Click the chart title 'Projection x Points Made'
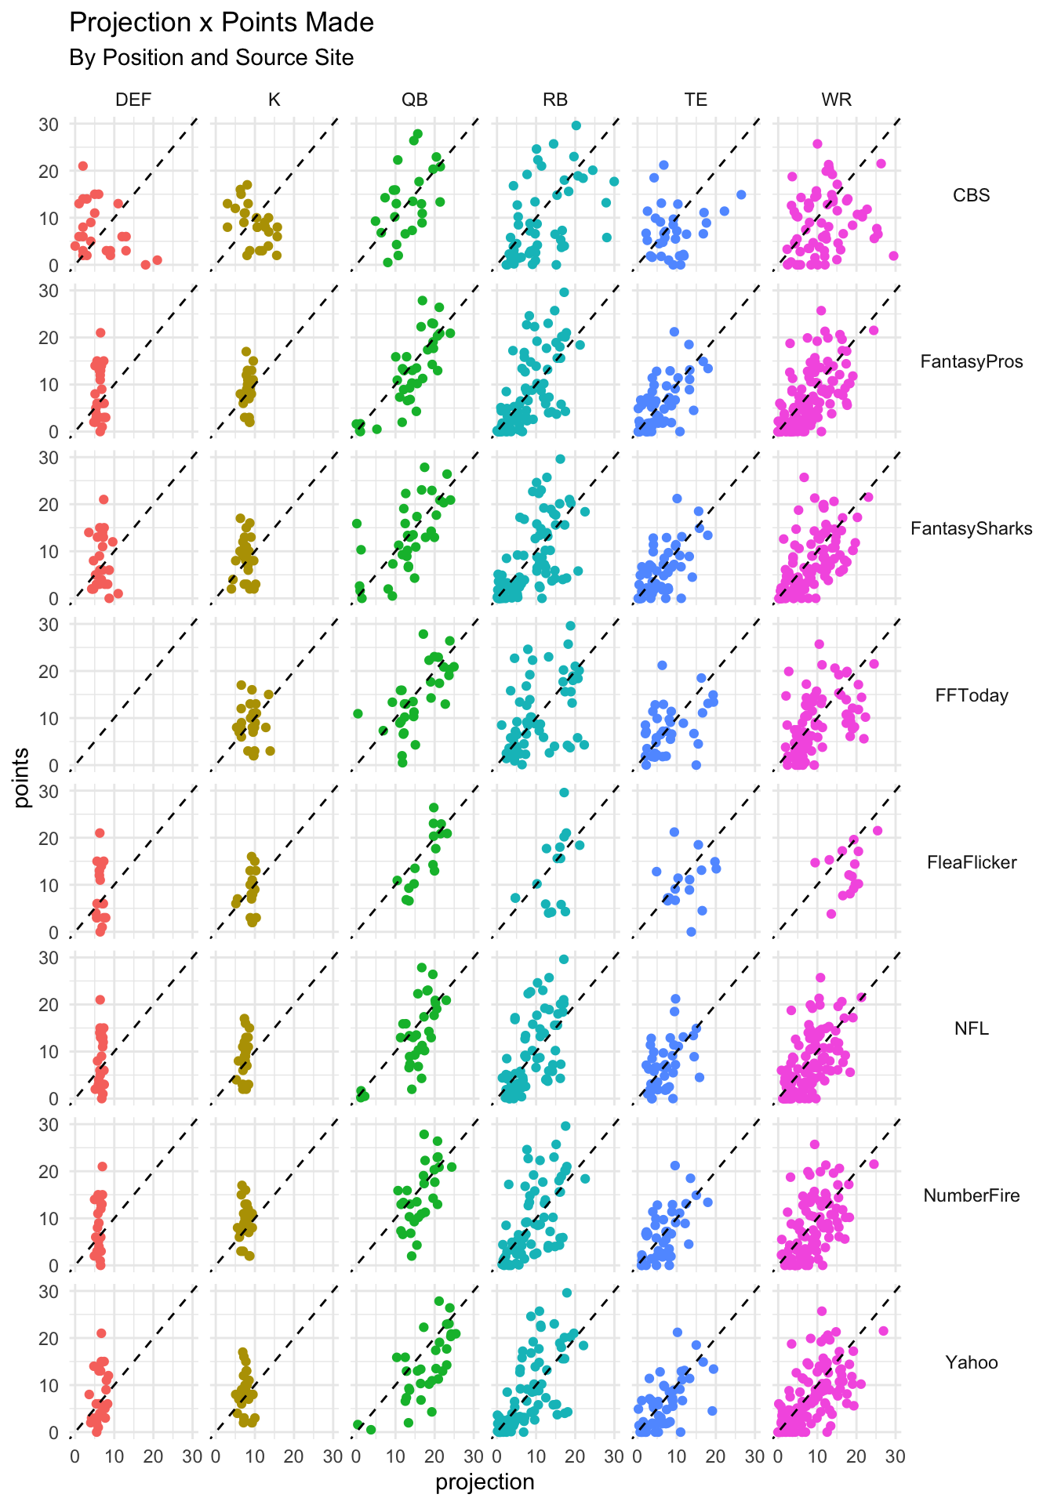221,24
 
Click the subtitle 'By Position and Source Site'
211,58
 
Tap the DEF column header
133,100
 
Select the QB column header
415,100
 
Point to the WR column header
836,100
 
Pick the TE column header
696,100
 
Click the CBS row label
971,195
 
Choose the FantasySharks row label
971,529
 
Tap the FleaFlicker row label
971,863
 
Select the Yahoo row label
971,1362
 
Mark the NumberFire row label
971,1196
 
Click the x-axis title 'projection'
485,1482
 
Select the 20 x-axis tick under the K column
293,1456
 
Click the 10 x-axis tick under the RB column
536,1456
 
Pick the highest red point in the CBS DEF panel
82,166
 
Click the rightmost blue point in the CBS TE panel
740,194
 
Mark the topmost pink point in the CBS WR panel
817,143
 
